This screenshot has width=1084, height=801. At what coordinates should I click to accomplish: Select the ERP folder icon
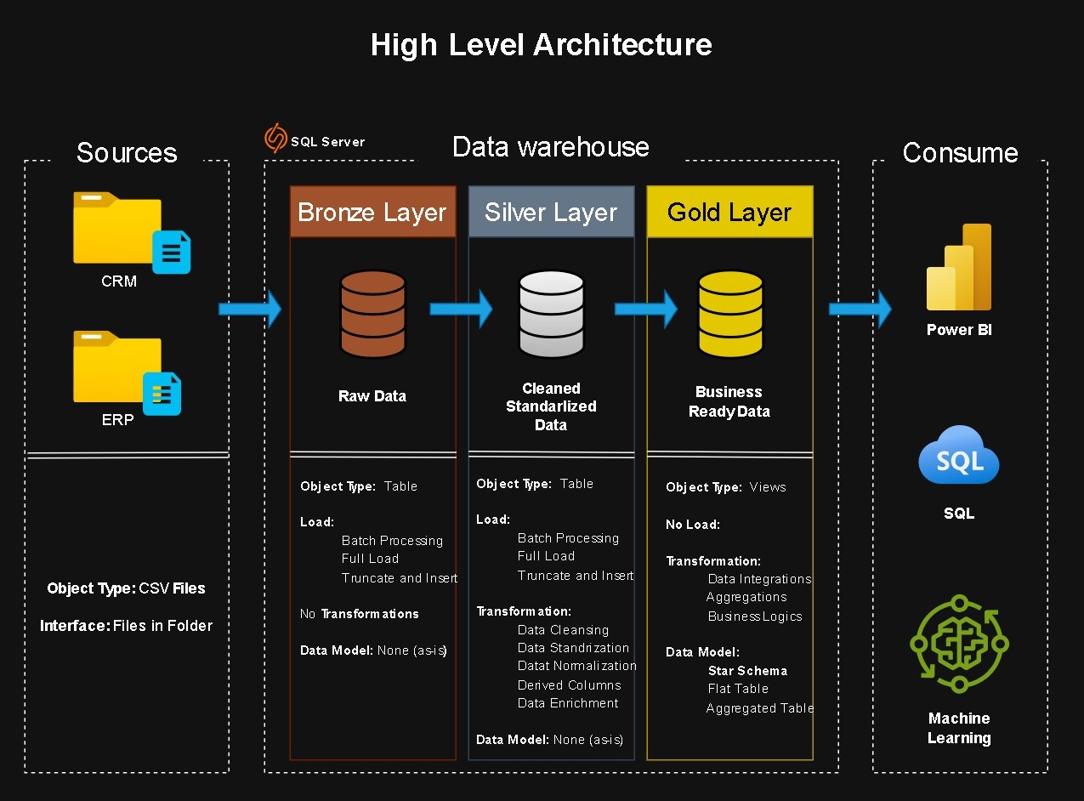[123, 370]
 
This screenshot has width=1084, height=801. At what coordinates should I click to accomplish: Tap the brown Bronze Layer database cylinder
[372, 314]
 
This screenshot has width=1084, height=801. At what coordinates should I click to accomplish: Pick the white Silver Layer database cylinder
[551, 314]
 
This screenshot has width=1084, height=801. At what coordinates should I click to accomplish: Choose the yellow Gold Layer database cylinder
[729, 314]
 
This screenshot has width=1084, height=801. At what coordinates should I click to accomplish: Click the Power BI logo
[959, 269]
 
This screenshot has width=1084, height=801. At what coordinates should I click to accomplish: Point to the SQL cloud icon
[959, 457]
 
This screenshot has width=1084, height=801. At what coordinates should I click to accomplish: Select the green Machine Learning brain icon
[959, 643]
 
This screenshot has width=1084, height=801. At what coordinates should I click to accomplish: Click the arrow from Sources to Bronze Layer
[250, 309]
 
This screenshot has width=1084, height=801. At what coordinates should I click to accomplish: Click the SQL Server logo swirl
[275, 139]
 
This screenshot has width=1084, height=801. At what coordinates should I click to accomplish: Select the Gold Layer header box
[729, 212]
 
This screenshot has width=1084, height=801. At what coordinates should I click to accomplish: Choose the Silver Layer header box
[551, 212]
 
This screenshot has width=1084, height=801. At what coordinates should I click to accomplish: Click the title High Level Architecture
[542, 44]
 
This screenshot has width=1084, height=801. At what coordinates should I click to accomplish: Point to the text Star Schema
[747, 671]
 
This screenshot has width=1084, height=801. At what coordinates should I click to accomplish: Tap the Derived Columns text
[569, 685]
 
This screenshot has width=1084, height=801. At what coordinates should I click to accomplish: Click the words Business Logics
[755, 616]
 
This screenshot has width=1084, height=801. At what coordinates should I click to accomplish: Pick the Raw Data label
[372, 396]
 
